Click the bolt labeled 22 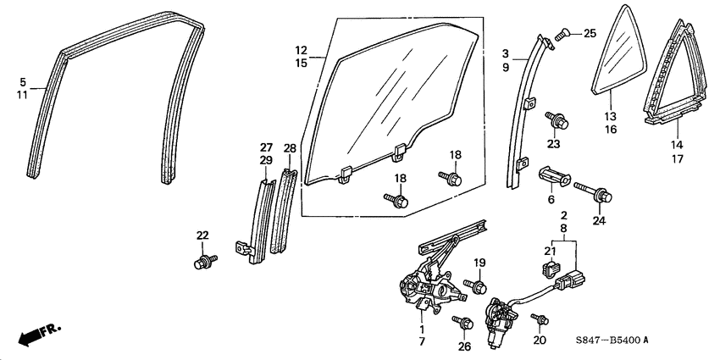coord(202,260)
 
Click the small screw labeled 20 coord(536,318)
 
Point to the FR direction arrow coord(36,334)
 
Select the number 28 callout coord(290,149)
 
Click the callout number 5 coord(24,81)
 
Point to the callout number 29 coord(265,160)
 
